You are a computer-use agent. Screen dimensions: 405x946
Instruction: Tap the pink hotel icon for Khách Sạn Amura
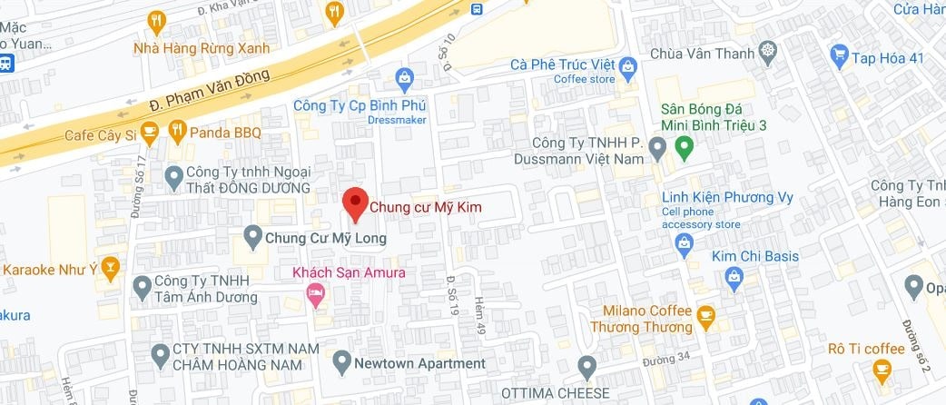pos(316,293)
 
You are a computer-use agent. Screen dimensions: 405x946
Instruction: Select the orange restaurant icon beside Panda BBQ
pos(176,133)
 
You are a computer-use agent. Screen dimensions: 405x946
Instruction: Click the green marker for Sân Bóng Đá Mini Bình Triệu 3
pos(685,145)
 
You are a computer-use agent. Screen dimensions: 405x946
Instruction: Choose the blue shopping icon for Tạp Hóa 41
pos(839,58)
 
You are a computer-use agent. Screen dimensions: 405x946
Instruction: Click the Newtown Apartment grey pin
pos(342,363)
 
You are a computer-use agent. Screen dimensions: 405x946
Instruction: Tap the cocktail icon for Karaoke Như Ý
pos(110,269)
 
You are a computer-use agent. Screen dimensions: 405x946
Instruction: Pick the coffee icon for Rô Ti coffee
pos(880,369)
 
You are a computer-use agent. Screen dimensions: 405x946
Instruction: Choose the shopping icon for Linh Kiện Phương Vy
pos(685,242)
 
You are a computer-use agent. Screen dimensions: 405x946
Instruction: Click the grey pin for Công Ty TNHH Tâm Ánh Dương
pos(142,288)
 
